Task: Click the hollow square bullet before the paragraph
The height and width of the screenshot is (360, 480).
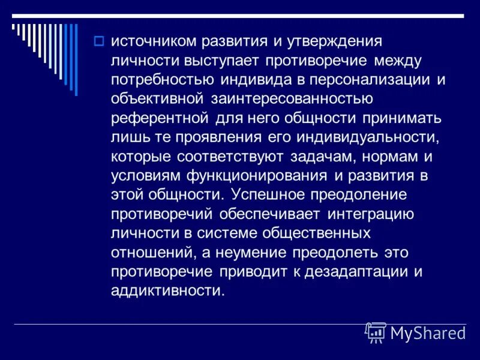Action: (x=99, y=41)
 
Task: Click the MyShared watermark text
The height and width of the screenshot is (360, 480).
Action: (x=427, y=333)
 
